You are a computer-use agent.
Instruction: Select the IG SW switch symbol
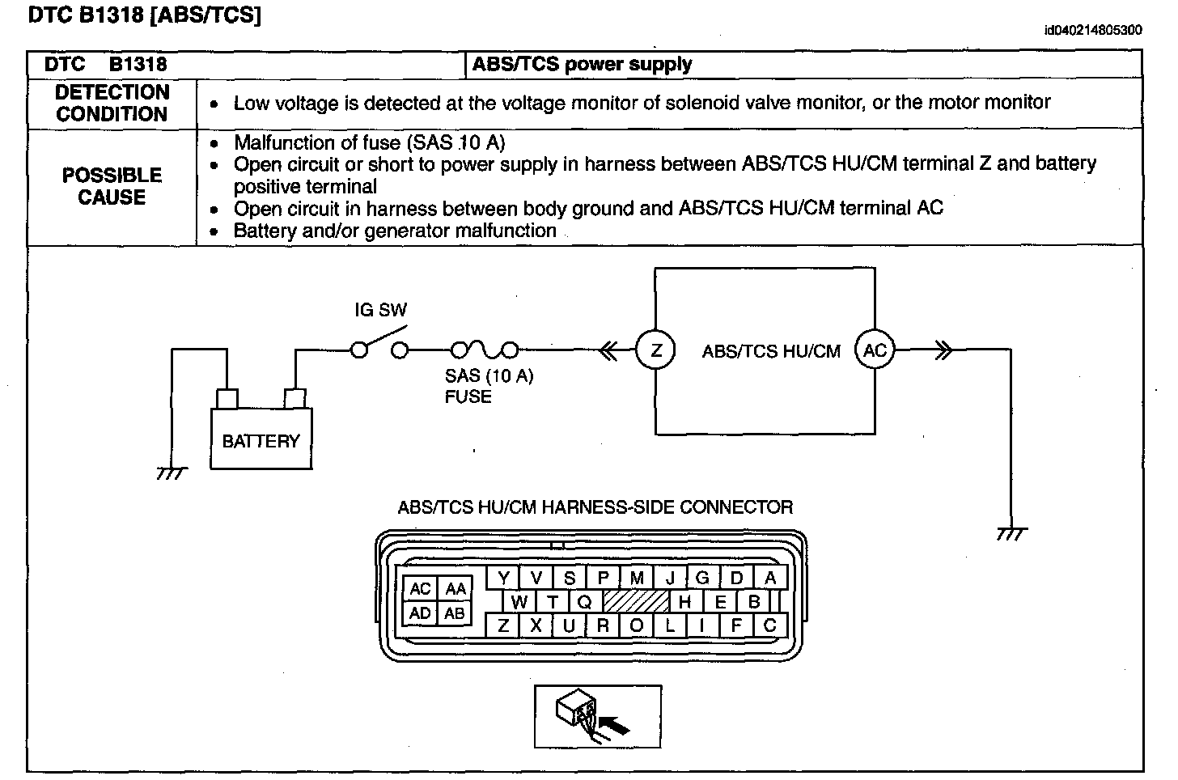point(379,345)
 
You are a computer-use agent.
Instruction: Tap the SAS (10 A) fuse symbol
point(484,350)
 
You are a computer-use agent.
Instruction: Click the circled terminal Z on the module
point(656,350)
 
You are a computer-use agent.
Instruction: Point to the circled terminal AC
point(875,350)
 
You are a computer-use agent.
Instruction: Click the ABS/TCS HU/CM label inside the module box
point(771,351)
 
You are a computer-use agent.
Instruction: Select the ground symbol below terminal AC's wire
point(1011,533)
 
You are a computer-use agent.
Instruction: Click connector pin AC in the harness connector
point(420,589)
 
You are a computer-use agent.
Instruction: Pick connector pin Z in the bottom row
point(502,625)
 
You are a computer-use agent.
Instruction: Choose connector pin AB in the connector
point(455,613)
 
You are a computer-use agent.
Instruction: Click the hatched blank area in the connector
point(637,601)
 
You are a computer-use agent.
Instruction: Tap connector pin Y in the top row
point(503,578)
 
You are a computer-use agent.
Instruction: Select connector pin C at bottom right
point(769,625)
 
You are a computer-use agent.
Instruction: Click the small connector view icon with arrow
point(597,716)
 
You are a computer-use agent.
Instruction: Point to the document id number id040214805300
point(1092,31)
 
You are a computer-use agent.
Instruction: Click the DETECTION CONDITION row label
point(112,104)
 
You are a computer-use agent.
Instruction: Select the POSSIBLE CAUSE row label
point(112,186)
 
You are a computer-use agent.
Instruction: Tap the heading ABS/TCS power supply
point(582,65)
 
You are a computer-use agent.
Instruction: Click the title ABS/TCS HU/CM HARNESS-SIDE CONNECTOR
point(595,507)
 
